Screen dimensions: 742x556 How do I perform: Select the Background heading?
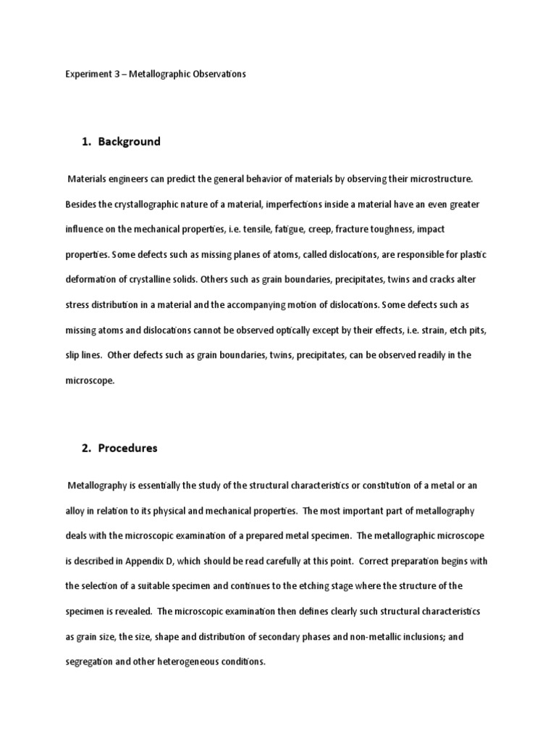130,141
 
